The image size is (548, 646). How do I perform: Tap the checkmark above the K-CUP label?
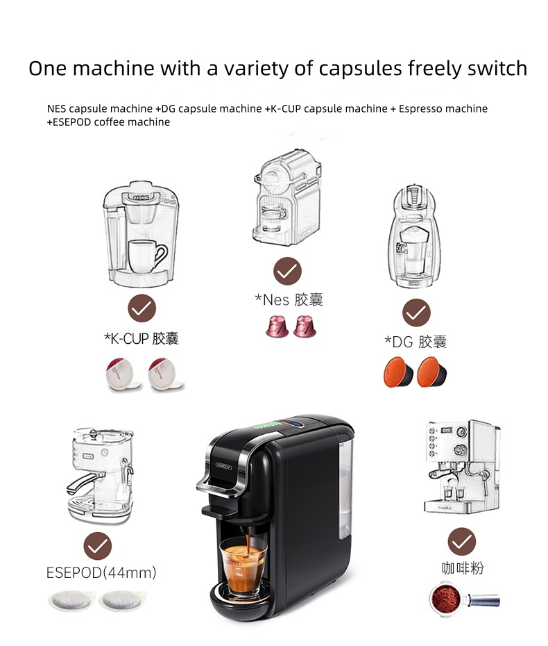pyautogui.click(x=142, y=308)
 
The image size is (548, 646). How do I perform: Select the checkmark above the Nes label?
pyautogui.click(x=287, y=271)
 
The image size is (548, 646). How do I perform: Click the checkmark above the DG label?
pyautogui.click(x=416, y=313)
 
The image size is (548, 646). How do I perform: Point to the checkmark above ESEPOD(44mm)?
pyautogui.click(x=98, y=546)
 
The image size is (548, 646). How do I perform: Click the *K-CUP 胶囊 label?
pyautogui.click(x=142, y=338)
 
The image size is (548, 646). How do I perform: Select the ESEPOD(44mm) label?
pyautogui.click(x=101, y=572)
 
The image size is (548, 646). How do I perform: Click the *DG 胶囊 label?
pyautogui.click(x=416, y=341)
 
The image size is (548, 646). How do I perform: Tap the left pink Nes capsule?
pyautogui.click(x=277, y=326)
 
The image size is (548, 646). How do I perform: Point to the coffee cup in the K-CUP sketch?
pyautogui.click(x=146, y=256)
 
